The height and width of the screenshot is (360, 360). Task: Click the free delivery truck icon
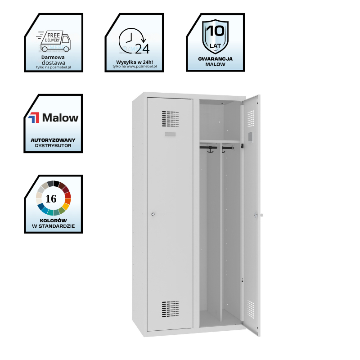54,41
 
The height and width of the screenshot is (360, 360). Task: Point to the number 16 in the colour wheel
51,199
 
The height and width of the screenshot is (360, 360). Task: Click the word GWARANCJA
215,59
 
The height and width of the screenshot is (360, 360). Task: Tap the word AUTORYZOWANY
53,140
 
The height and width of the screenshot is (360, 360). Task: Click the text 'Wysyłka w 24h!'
134,62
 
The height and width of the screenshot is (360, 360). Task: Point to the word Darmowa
53,58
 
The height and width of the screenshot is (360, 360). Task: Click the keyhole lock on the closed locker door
153,215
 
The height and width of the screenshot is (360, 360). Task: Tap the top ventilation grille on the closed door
170,118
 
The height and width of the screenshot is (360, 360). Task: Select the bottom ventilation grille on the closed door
170,308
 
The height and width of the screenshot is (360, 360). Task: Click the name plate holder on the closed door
171,135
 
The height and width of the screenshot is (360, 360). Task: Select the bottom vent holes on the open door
251,308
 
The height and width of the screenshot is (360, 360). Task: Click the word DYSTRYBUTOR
53,145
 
